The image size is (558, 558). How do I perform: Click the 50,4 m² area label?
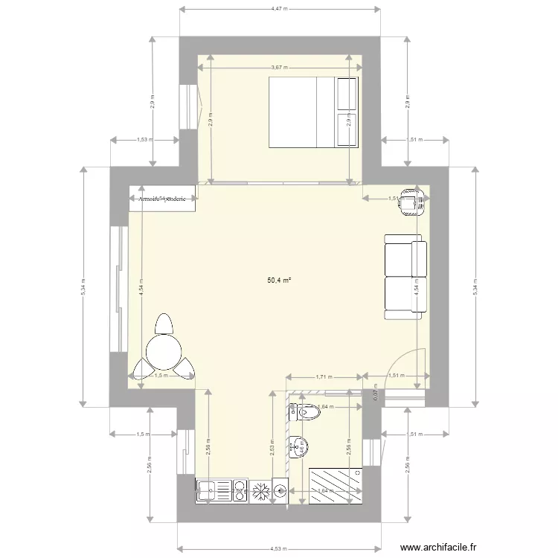click(279, 280)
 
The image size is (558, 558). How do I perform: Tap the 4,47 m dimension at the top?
click(279, 9)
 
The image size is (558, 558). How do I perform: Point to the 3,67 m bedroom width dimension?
click(279, 67)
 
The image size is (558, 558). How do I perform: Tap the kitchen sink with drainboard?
click(213, 490)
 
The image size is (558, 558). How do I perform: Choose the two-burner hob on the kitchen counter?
click(239, 490)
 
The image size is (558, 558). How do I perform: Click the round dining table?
click(164, 351)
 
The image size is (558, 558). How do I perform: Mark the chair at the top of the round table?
click(164, 324)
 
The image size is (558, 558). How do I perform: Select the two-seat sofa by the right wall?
click(405, 277)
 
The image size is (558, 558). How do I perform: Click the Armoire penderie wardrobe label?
click(163, 199)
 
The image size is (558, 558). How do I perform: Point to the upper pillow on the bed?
click(347, 93)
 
